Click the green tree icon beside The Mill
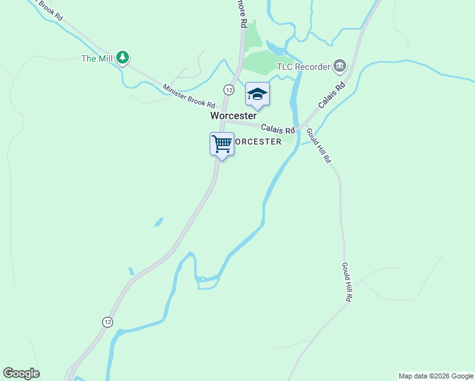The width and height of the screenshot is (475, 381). click(123, 58)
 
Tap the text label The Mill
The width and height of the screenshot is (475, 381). click(97, 59)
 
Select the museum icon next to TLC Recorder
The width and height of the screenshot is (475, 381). click(340, 65)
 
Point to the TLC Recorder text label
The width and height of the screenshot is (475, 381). click(304, 67)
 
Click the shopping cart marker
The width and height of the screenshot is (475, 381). click(222, 144)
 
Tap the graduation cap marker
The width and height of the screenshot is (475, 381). click(257, 95)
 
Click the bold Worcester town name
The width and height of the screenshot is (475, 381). click(233, 116)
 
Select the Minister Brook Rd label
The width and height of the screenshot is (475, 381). click(189, 96)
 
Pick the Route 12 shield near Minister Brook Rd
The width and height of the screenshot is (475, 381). click(229, 90)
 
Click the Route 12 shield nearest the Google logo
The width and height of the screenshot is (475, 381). click(107, 322)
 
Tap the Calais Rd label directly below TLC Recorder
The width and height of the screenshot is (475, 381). click(332, 94)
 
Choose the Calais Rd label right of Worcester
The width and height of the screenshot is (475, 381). click(278, 129)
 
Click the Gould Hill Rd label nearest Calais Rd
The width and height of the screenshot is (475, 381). click(319, 145)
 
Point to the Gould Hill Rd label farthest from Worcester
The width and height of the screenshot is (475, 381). click(347, 281)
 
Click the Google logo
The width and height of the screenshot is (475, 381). click(21, 373)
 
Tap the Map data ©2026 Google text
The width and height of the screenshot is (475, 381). click(436, 376)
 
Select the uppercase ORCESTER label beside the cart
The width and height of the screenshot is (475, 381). click(258, 142)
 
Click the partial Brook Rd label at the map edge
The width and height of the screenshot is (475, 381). click(50, 9)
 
